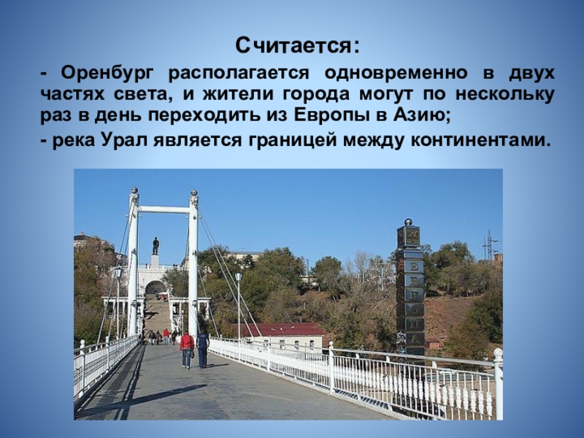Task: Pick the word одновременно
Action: click(x=396, y=73)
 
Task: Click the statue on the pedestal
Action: click(x=155, y=246)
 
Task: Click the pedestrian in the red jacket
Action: click(x=187, y=350)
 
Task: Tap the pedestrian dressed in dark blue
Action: click(x=203, y=348)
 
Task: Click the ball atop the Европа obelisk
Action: click(x=409, y=222)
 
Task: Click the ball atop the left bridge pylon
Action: click(x=134, y=191)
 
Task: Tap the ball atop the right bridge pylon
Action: click(x=193, y=193)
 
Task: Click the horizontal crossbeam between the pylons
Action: click(x=164, y=210)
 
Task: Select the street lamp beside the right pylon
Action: click(x=239, y=305)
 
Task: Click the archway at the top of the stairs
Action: click(x=155, y=288)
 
